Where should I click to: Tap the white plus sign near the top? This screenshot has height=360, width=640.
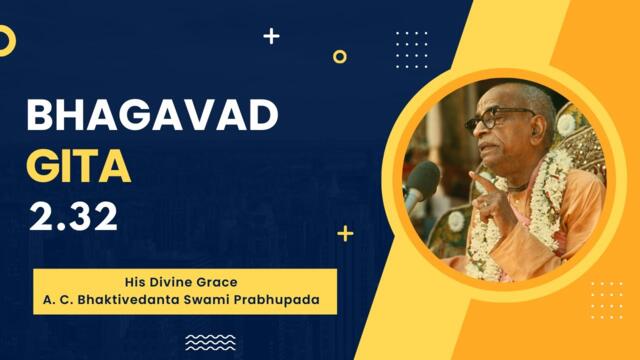point(271,36)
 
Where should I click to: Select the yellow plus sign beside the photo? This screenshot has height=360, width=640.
point(345,233)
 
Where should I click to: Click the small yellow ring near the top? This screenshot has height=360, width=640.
point(340,56)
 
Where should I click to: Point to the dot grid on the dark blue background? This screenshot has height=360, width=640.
point(411,47)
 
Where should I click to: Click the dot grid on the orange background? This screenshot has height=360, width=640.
point(606,298)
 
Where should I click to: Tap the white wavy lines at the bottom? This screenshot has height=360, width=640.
point(211,342)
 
